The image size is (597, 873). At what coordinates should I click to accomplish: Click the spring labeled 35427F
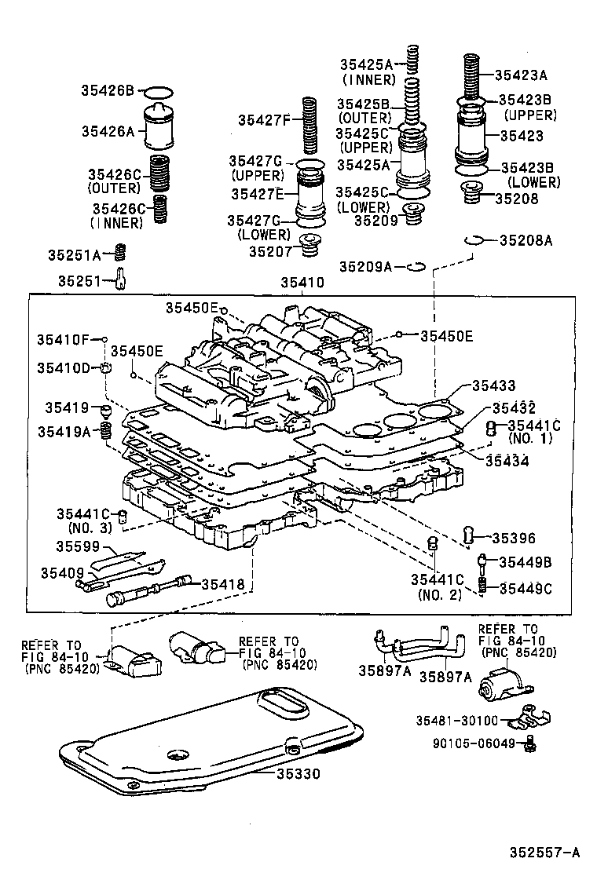[x=309, y=126]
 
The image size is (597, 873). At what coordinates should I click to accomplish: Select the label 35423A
[x=521, y=75]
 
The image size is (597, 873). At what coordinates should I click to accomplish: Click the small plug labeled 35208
[x=471, y=192]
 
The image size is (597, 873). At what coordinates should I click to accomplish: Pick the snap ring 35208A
[x=471, y=240]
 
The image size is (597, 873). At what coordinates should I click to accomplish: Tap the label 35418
[x=223, y=583]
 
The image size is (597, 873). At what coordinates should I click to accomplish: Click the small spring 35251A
[x=121, y=253]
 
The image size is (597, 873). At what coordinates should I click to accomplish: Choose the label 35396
[x=514, y=538]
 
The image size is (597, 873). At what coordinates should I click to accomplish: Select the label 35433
[x=493, y=385]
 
